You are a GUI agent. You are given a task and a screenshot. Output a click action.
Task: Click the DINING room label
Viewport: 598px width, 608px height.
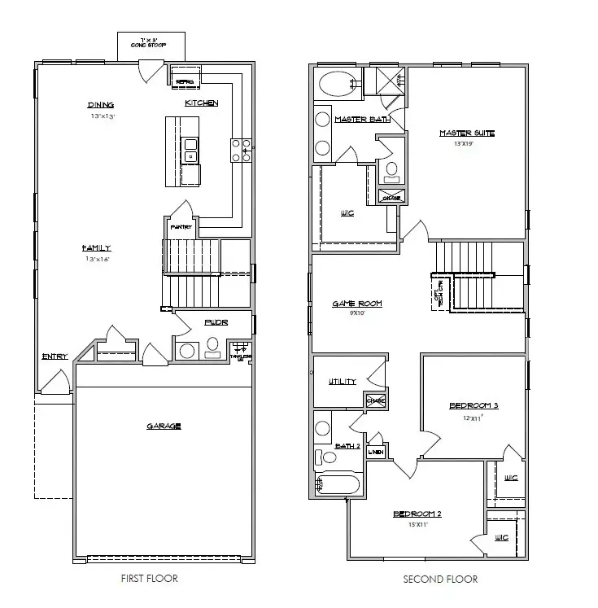coord(101,105)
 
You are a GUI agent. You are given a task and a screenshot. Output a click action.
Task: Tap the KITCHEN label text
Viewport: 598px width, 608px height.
coord(201,103)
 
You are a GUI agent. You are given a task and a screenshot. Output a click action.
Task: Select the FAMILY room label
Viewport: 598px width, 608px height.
coord(96,248)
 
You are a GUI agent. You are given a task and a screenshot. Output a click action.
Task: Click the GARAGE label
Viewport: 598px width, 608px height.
coord(164,426)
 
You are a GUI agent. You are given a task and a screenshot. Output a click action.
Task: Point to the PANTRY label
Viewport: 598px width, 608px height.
coord(180,227)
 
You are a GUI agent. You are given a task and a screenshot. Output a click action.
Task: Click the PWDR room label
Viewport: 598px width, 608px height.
coord(217,322)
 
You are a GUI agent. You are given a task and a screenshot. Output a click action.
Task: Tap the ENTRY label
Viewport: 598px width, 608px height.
coord(54,356)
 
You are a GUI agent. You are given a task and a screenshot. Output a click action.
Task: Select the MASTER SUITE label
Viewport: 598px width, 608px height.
coord(467,133)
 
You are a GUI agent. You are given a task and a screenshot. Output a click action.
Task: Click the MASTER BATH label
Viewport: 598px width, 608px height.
coord(362,120)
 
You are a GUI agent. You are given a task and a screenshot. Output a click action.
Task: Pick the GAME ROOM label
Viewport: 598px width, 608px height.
coord(356,304)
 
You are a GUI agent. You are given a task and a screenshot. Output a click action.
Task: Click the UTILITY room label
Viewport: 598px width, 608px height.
coord(343,382)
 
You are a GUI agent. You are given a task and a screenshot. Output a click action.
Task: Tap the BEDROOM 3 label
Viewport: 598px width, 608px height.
coord(474,406)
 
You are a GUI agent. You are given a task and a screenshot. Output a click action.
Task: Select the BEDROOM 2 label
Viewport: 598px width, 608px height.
coord(417,514)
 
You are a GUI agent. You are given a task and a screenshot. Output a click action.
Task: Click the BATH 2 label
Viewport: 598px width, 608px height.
coord(347,446)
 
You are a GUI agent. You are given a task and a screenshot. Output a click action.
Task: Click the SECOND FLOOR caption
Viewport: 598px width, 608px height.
coord(440,579)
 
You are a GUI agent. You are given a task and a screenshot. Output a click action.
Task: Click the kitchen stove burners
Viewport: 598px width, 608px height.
coord(242,151)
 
